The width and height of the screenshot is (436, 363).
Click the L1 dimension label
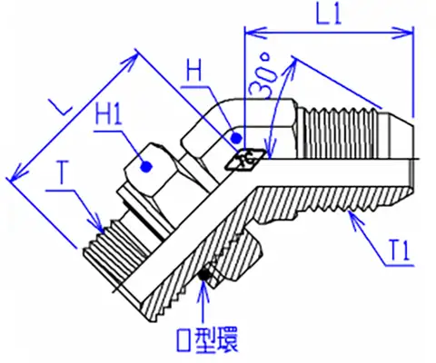(329, 14)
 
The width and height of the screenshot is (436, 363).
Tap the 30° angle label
(262, 75)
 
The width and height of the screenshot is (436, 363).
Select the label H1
(109, 113)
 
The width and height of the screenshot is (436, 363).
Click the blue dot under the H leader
(235, 139)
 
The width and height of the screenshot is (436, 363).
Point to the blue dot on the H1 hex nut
(146, 167)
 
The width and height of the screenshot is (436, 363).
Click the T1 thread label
(400, 250)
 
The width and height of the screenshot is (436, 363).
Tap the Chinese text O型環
(207, 340)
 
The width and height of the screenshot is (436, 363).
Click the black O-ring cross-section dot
(204, 275)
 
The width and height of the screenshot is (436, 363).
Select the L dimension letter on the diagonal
(61, 107)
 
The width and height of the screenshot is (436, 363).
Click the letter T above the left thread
(62, 172)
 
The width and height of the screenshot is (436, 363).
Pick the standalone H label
(194, 71)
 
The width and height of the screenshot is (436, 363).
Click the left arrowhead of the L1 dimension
(255, 33)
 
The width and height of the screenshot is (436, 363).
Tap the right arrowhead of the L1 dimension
(402, 33)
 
